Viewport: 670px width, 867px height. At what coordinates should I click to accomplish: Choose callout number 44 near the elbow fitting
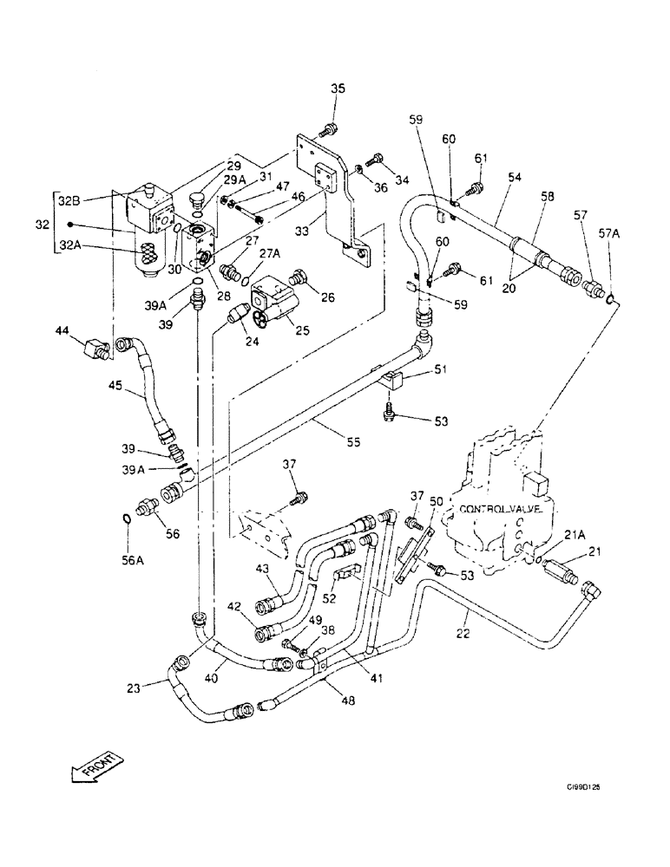(62, 330)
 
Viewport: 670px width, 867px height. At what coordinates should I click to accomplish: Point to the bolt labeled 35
(328, 131)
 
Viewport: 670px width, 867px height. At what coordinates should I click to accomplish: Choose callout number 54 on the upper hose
(515, 178)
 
